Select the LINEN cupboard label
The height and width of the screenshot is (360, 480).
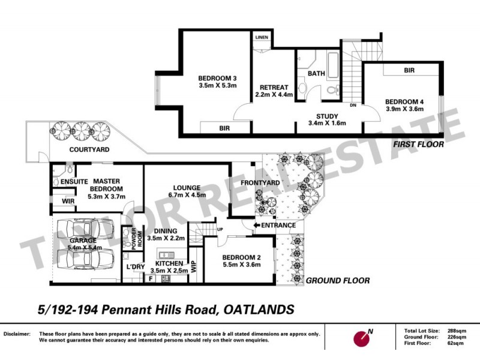262,37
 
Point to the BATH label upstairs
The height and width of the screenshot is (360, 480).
316,74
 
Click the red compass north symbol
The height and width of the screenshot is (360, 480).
364,338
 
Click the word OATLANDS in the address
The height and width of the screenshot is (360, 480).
259,310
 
